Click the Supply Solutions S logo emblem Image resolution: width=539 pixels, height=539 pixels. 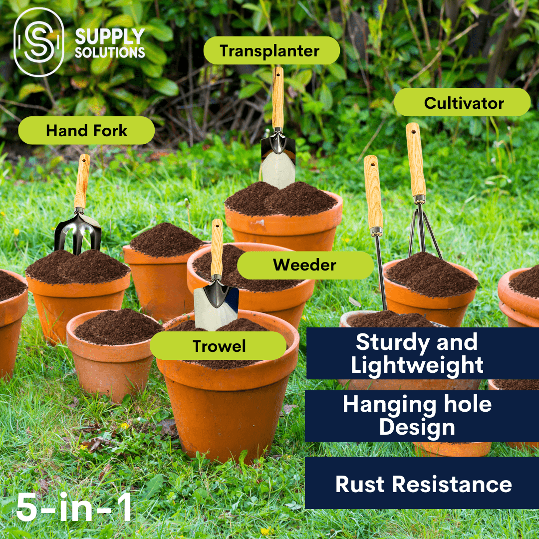click(38, 42)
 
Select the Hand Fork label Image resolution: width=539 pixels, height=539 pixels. click(86, 131)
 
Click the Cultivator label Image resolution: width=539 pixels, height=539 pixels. click(462, 103)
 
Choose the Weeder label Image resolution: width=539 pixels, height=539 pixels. click(304, 265)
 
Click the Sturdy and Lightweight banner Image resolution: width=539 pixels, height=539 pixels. click(417, 353)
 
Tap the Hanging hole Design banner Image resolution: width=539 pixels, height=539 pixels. click(417, 416)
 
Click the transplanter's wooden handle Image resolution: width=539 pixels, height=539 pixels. click(278, 97)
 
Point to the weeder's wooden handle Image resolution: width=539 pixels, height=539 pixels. click(373, 193)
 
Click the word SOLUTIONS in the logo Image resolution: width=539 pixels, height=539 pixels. click(110, 51)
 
